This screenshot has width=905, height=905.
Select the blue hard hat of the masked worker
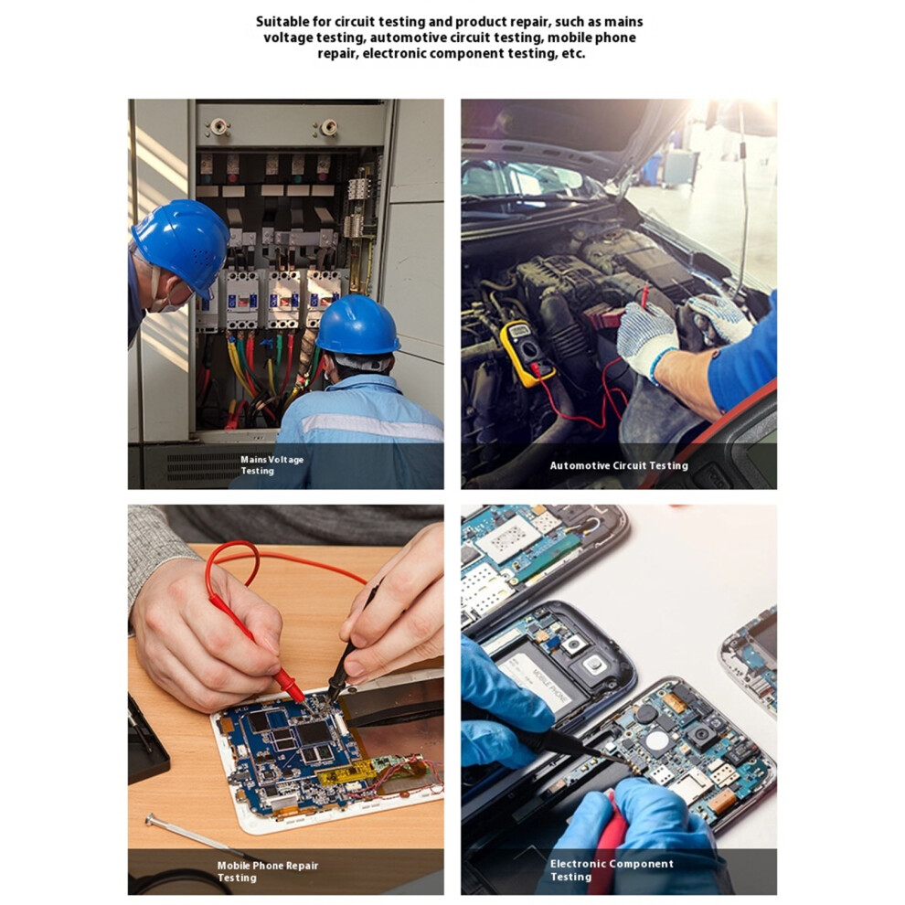pyautogui.click(x=181, y=245)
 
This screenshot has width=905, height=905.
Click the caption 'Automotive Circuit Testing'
pyautogui.click(x=619, y=466)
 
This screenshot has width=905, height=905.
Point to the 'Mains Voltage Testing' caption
pyautogui.click(x=271, y=465)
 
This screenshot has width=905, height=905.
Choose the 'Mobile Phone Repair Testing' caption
pyautogui.click(x=267, y=871)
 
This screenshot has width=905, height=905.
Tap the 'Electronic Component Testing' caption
pyautogui.click(x=612, y=870)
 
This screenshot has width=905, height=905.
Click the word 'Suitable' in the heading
pyautogui.click(x=279, y=22)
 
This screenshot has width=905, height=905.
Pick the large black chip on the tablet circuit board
pyautogui.click(x=313, y=732)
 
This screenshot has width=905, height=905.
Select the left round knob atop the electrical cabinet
pyautogui.click(x=218, y=126)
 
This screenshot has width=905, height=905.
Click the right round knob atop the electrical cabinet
pyautogui.click(x=328, y=127)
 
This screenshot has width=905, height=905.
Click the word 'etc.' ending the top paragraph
pyautogui.click(x=573, y=54)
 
